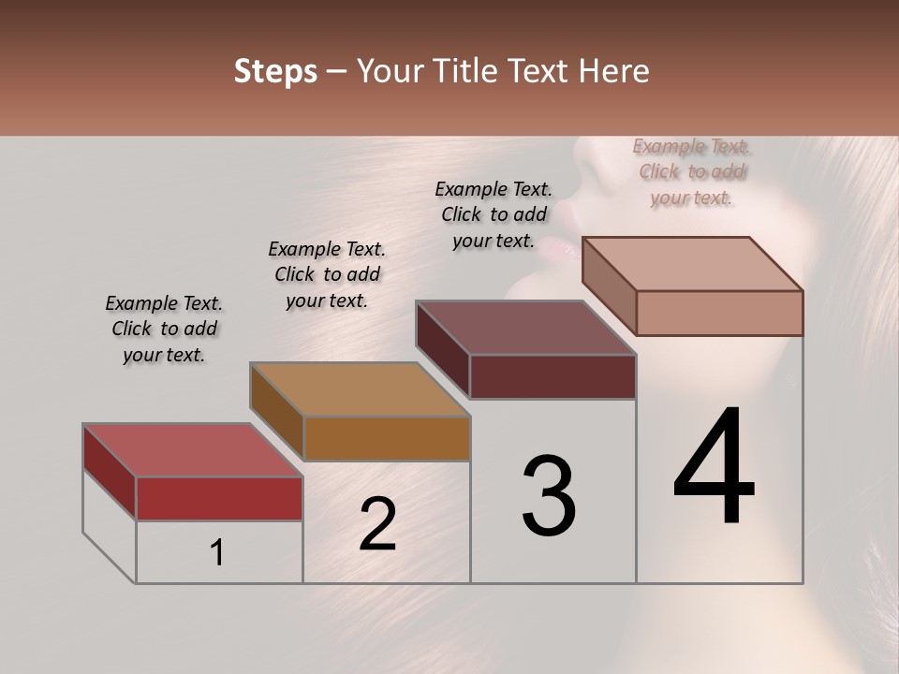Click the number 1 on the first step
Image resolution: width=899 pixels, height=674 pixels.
(x=217, y=552)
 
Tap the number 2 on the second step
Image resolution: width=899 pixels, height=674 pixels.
(x=377, y=524)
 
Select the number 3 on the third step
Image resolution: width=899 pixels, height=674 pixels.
(x=549, y=496)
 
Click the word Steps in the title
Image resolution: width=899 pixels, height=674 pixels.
(x=275, y=71)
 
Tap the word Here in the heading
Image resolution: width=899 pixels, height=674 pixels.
(x=613, y=71)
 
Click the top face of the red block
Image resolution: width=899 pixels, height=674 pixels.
(x=192, y=450)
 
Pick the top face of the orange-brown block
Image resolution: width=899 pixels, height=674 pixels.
(x=361, y=389)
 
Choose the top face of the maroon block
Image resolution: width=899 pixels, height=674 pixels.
(x=526, y=328)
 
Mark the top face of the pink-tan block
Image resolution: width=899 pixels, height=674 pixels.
(x=693, y=264)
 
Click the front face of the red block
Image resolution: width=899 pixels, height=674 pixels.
(x=219, y=498)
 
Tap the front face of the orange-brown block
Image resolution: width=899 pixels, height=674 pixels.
(x=387, y=438)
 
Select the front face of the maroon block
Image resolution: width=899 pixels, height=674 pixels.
(x=553, y=376)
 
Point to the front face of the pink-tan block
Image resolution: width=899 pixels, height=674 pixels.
(x=719, y=313)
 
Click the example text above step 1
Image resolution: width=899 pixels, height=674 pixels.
(x=164, y=330)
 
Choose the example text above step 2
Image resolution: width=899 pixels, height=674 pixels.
(x=327, y=275)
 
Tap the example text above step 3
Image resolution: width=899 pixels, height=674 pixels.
(x=494, y=214)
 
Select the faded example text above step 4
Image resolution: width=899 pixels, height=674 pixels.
(x=692, y=172)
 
